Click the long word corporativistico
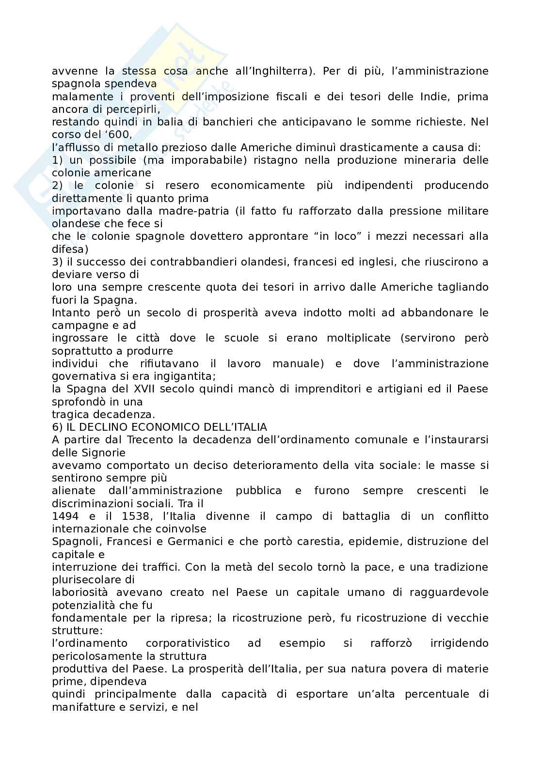(x=188, y=643)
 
